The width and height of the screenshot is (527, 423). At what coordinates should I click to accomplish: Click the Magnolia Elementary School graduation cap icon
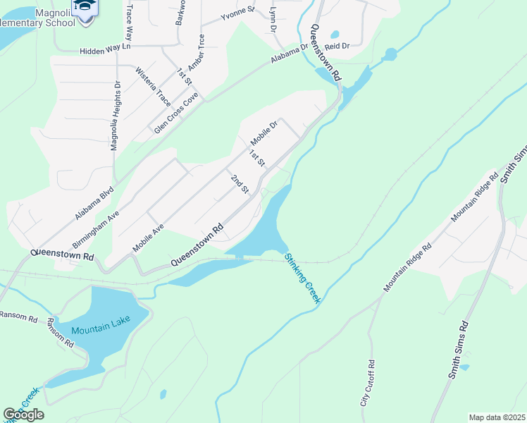(x=85, y=8)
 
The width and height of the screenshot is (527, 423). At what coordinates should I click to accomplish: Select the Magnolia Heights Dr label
(x=116, y=116)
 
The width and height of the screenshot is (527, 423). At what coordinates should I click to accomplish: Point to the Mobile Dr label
(x=265, y=133)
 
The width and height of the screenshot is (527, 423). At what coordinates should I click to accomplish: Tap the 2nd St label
(x=240, y=184)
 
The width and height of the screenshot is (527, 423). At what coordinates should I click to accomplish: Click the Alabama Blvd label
(x=94, y=203)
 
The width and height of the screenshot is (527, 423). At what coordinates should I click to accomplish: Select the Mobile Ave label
(x=149, y=238)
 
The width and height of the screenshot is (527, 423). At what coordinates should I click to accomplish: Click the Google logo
(x=24, y=415)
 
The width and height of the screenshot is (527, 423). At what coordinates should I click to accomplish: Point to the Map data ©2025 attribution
(x=497, y=417)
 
